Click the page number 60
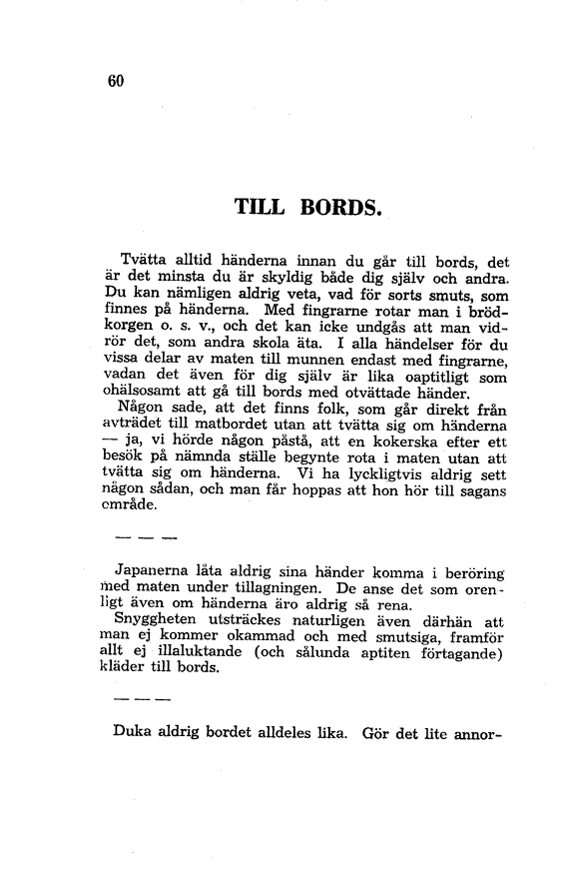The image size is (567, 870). pyautogui.click(x=113, y=83)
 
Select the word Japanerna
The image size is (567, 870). pyautogui.click(x=157, y=570)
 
